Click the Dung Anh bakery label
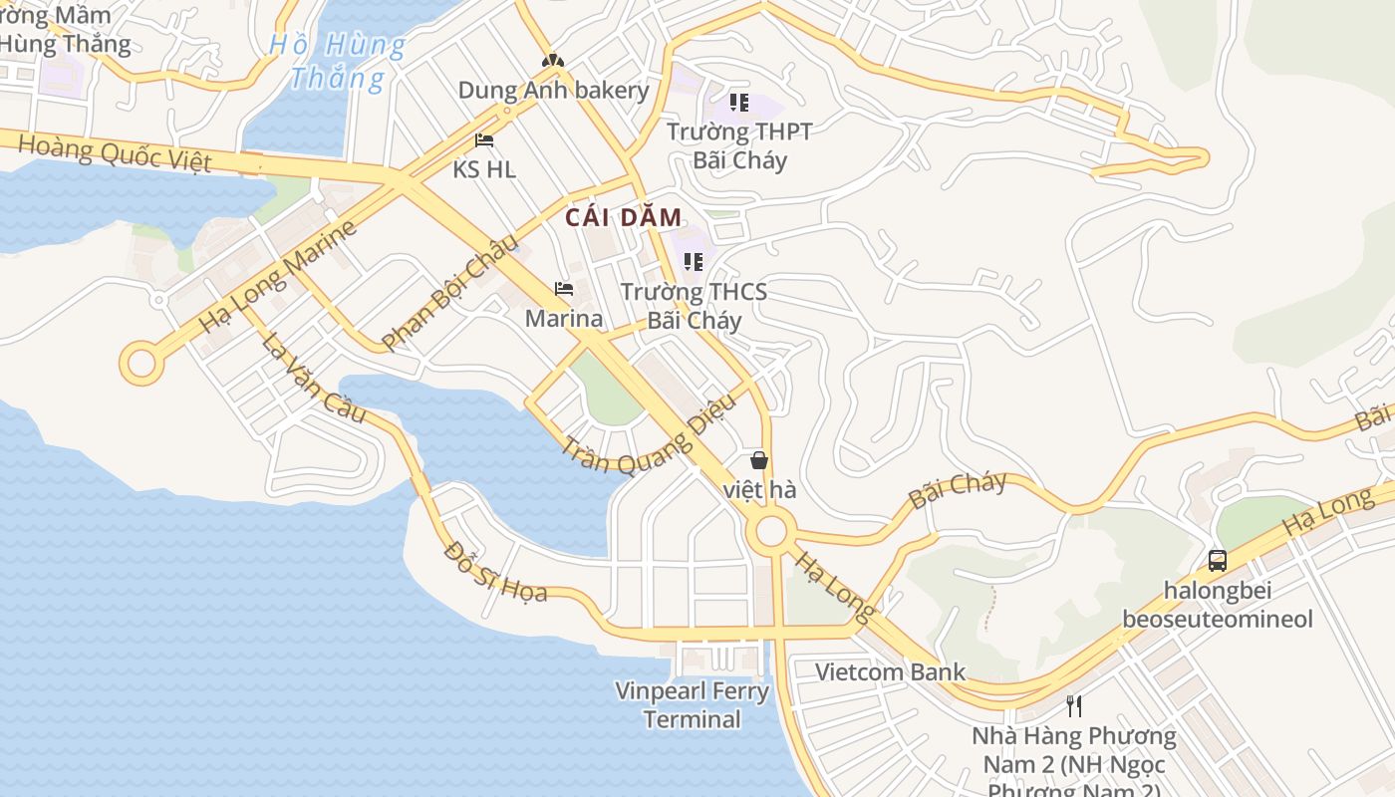pos(553,91)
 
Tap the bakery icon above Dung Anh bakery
pos(552,61)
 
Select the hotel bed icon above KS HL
pos(484,140)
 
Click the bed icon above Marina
pos(564,290)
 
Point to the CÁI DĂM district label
pos(624,217)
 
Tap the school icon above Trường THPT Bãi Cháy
pos(738,102)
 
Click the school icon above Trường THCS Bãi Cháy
pos(694,262)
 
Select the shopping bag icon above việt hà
pos(759,460)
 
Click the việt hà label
pos(759,489)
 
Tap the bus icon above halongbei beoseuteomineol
pos(1218,560)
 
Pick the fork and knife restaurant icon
pos(1074,706)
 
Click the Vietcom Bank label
pos(891,671)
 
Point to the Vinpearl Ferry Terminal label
pos(692,704)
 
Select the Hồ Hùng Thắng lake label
pos(339,61)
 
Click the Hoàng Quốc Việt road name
pos(115,153)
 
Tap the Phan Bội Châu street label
pos(450,291)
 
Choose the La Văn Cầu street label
pos(314,377)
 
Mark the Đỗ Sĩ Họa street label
pos(495,572)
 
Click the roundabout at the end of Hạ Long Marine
pos(141,363)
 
